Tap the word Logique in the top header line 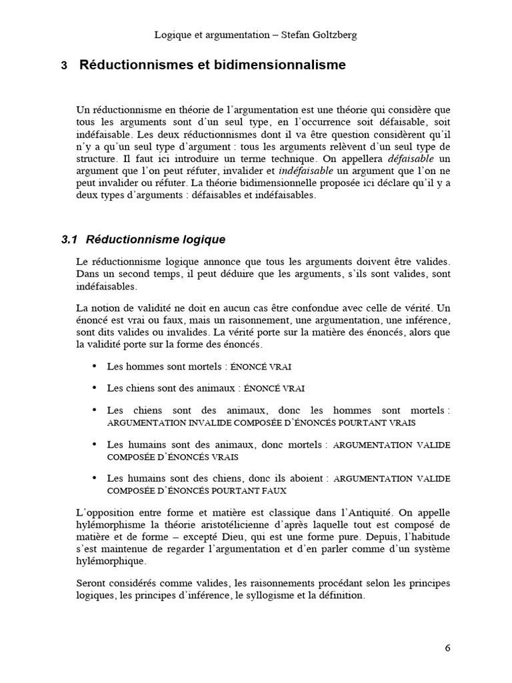coord(173,35)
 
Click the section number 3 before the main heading coord(64,66)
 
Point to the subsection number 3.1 coord(70,239)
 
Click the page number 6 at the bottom coord(447,648)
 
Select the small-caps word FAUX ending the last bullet coord(275,490)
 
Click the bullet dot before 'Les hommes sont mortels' coord(93,367)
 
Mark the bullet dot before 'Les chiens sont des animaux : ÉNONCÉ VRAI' coord(93,388)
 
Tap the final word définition coord(341,596)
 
